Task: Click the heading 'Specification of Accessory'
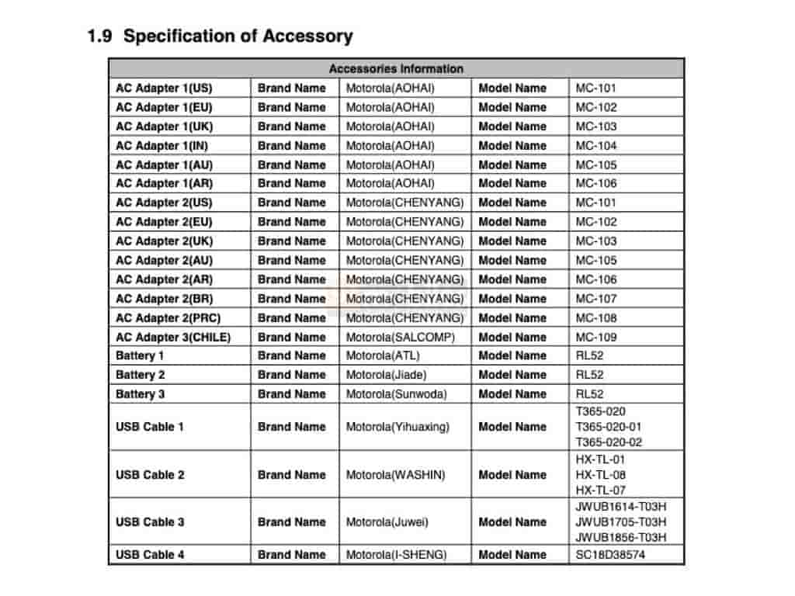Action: (238, 36)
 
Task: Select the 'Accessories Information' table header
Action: (396, 68)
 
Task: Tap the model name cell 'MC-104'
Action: (596, 145)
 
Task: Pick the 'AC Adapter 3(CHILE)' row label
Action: (173, 337)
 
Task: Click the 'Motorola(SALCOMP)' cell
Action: (401, 337)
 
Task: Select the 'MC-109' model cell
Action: (596, 337)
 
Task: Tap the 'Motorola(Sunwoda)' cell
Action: (397, 393)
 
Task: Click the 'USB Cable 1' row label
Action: (151, 427)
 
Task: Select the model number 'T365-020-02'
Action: (609, 442)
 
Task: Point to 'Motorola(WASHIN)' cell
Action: (396, 474)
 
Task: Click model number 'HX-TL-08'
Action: (601, 474)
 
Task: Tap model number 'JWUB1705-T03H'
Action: (621, 522)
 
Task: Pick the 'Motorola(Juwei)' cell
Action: (387, 522)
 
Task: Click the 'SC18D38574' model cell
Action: (610, 555)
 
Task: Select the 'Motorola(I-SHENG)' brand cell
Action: (397, 555)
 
